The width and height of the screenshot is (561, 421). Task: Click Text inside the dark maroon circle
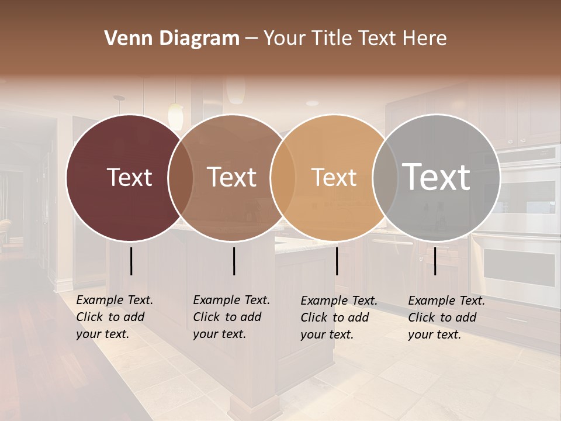[129, 177]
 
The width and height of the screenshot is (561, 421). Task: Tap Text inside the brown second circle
[231, 177]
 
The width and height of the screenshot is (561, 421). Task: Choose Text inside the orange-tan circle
[334, 177]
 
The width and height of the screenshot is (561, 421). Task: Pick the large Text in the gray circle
[436, 177]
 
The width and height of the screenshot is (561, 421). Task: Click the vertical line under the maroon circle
[131, 261]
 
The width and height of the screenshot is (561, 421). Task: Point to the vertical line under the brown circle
[234, 261]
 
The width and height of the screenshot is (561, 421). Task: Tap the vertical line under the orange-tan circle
[337, 261]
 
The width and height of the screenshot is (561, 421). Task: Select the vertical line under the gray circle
[435, 261]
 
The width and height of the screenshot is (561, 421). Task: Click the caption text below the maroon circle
[114, 317]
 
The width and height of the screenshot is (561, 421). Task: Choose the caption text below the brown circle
[231, 317]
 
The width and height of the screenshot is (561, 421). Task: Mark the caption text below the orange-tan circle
[338, 318]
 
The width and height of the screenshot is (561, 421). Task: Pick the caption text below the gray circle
[446, 318]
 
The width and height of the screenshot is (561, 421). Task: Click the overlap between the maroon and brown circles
[181, 177]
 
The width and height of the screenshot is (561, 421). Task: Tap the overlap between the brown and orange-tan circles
[282, 177]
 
